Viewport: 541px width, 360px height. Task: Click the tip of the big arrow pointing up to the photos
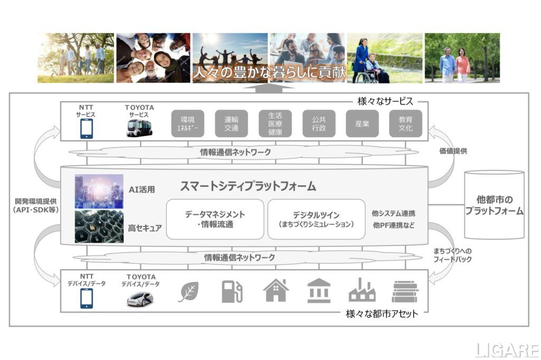coord(269,84)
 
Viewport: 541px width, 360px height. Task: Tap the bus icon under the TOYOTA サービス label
coord(139,128)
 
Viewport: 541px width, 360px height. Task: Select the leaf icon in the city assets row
coord(189,292)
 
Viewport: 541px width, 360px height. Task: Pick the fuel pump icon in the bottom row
coord(232,291)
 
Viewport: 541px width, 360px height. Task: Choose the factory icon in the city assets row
coord(361,290)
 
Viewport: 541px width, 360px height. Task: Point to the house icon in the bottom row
coord(276,290)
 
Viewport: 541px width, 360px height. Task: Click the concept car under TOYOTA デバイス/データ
coord(140,299)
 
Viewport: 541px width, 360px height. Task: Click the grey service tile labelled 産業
coord(362,124)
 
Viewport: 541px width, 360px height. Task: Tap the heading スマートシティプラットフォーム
coord(248,186)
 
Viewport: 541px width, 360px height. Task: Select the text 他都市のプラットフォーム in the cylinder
coord(494,205)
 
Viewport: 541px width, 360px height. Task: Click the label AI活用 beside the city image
coord(142,190)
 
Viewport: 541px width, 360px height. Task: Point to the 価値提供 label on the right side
coord(453,150)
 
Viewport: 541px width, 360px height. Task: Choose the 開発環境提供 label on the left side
coord(36,201)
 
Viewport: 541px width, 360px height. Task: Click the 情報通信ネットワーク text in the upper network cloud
coord(235,152)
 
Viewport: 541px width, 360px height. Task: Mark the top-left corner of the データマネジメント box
coord(166,200)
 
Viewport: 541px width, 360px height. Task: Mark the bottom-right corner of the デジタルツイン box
coord(365,239)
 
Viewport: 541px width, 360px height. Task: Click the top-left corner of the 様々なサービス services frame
coord(61,102)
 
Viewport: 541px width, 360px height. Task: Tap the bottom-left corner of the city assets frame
coord(61,312)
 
